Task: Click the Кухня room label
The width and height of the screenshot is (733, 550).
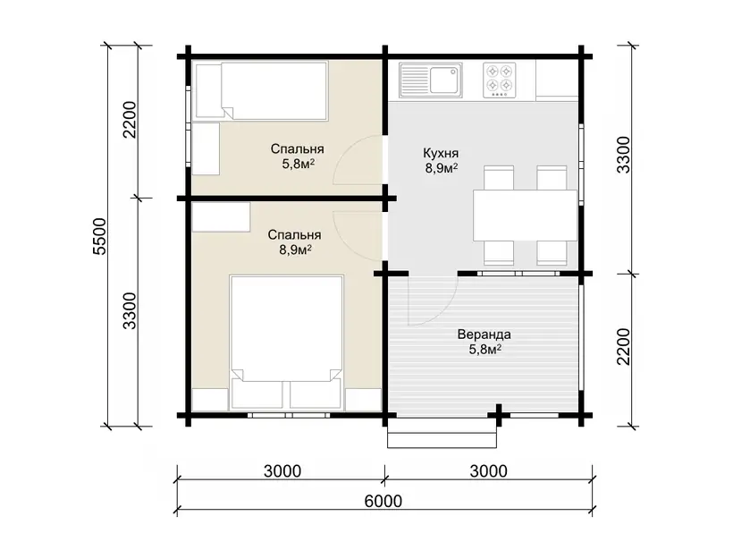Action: click(x=441, y=153)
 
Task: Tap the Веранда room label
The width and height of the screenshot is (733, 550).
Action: click(x=484, y=334)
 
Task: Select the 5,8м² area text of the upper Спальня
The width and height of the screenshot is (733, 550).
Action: click(x=298, y=164)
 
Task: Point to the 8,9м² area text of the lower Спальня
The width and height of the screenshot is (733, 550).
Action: click(x=296, y=250)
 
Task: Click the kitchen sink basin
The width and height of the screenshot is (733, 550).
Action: click(x=443, y=80)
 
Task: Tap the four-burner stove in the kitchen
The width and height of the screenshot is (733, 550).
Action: click(x=500, y=80)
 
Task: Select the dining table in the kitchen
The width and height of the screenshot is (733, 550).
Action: click(x=525, y=216)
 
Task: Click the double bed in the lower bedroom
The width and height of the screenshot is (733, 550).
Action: click(x=287, y=342)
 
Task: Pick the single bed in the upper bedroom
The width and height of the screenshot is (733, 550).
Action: click(x=261, y=90)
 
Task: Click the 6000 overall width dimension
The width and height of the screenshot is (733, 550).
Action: click(x=383, y=501)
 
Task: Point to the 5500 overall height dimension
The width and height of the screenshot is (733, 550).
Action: click(x=100, y=236)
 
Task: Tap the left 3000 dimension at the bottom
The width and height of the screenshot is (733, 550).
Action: click(x=282, y=471)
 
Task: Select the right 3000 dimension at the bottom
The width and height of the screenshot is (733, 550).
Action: click(x=488, y=471)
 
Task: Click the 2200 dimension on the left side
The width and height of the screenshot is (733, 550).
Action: click(x=129, y=120)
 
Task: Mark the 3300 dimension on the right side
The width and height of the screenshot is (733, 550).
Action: click(x=624, y=156)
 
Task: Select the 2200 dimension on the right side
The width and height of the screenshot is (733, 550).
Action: click(x=624, y=347)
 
